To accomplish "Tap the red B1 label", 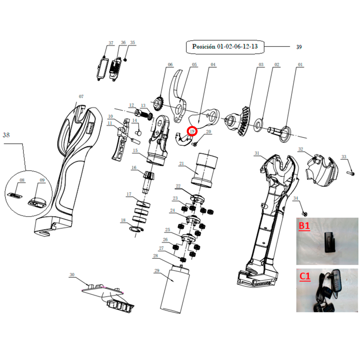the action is point(304,226).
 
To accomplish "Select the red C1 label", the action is point(305,276).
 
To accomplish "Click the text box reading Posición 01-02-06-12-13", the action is point(225,47).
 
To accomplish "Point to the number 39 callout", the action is point(299,47).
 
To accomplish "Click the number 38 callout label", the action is point(6,135).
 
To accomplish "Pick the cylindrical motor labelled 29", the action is point(175,289).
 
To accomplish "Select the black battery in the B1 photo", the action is point(330,242).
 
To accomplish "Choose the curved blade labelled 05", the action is point(178,96).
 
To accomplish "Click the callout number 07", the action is point(81,97).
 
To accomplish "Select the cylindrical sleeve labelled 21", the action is point(204,170).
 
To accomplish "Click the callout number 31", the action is point(256,153).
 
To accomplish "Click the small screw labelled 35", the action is point(126,60).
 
